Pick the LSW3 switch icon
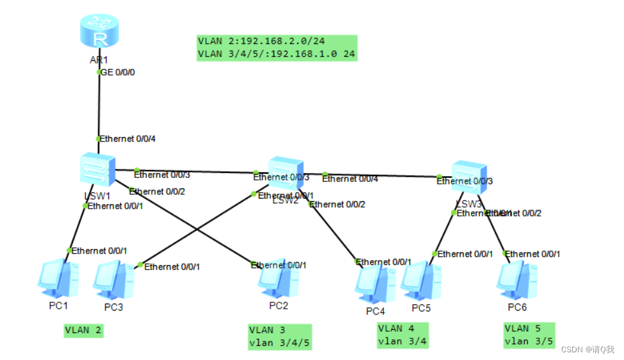click(470, 177)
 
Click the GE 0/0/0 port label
click(118, 72)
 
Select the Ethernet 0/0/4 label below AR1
click(127, 138)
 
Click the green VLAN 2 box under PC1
click(83, 331)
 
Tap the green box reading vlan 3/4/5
click(279, 342)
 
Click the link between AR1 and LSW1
click(99, 106)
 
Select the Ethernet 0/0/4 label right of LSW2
click(350, 179)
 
